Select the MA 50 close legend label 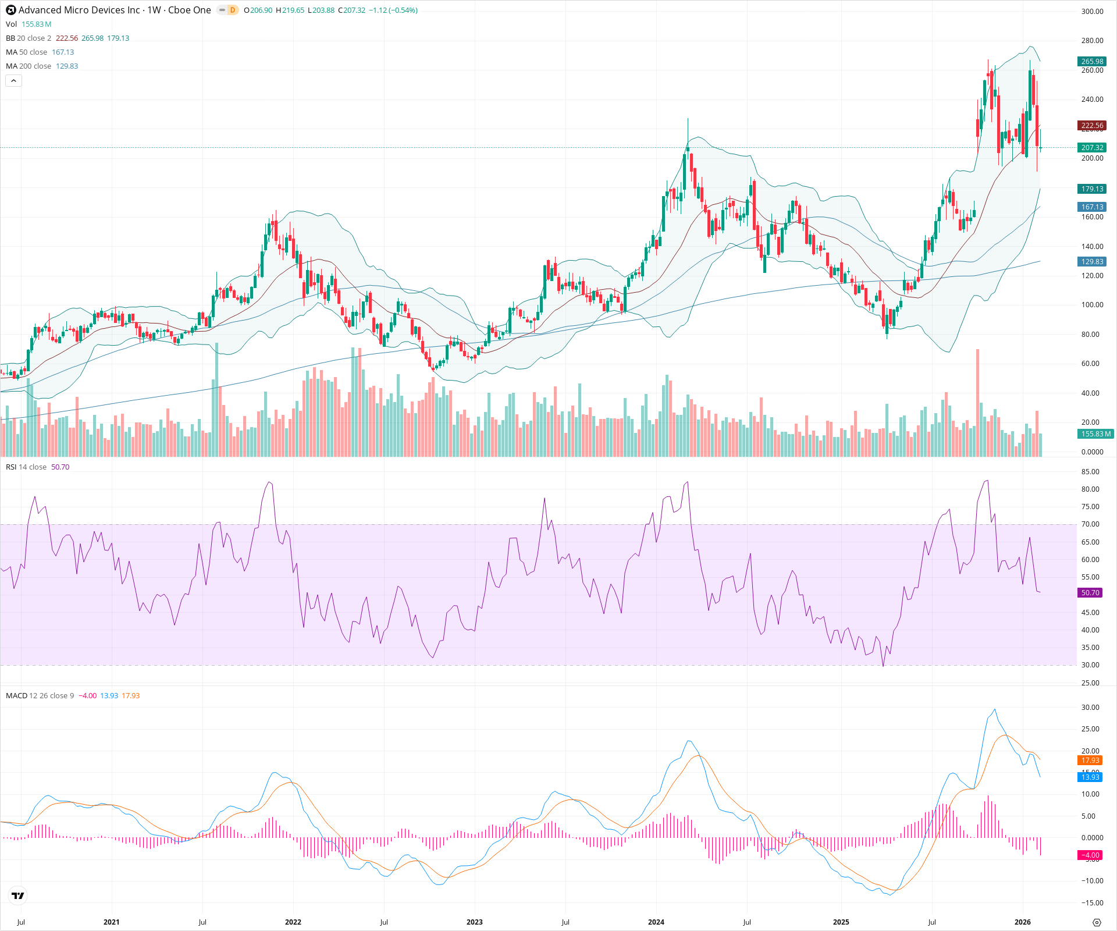(x=27, y=52)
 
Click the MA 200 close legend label (x=29, y=66)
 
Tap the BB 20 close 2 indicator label (x=29, y=38)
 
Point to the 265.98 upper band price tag (x=1092, y=62)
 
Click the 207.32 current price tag (x=1092, y=148)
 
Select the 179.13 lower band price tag (x=1092, y=189)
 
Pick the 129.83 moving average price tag (x=1092, y=262)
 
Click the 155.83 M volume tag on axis (x=1095, y=434)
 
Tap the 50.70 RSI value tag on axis (x=1090, y=593)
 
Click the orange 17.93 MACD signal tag (x=1090, y=761)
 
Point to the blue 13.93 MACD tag (x=1090, y=777)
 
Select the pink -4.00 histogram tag (x=1090, y=855)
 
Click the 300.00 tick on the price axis (x=1092, y=12)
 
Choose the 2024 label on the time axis (x=656, y=922)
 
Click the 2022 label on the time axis (x=293, y=922)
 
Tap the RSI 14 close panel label (x=26, y=467)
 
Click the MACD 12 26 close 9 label (x=40, y=696)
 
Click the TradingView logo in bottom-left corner (x=18, y=896)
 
